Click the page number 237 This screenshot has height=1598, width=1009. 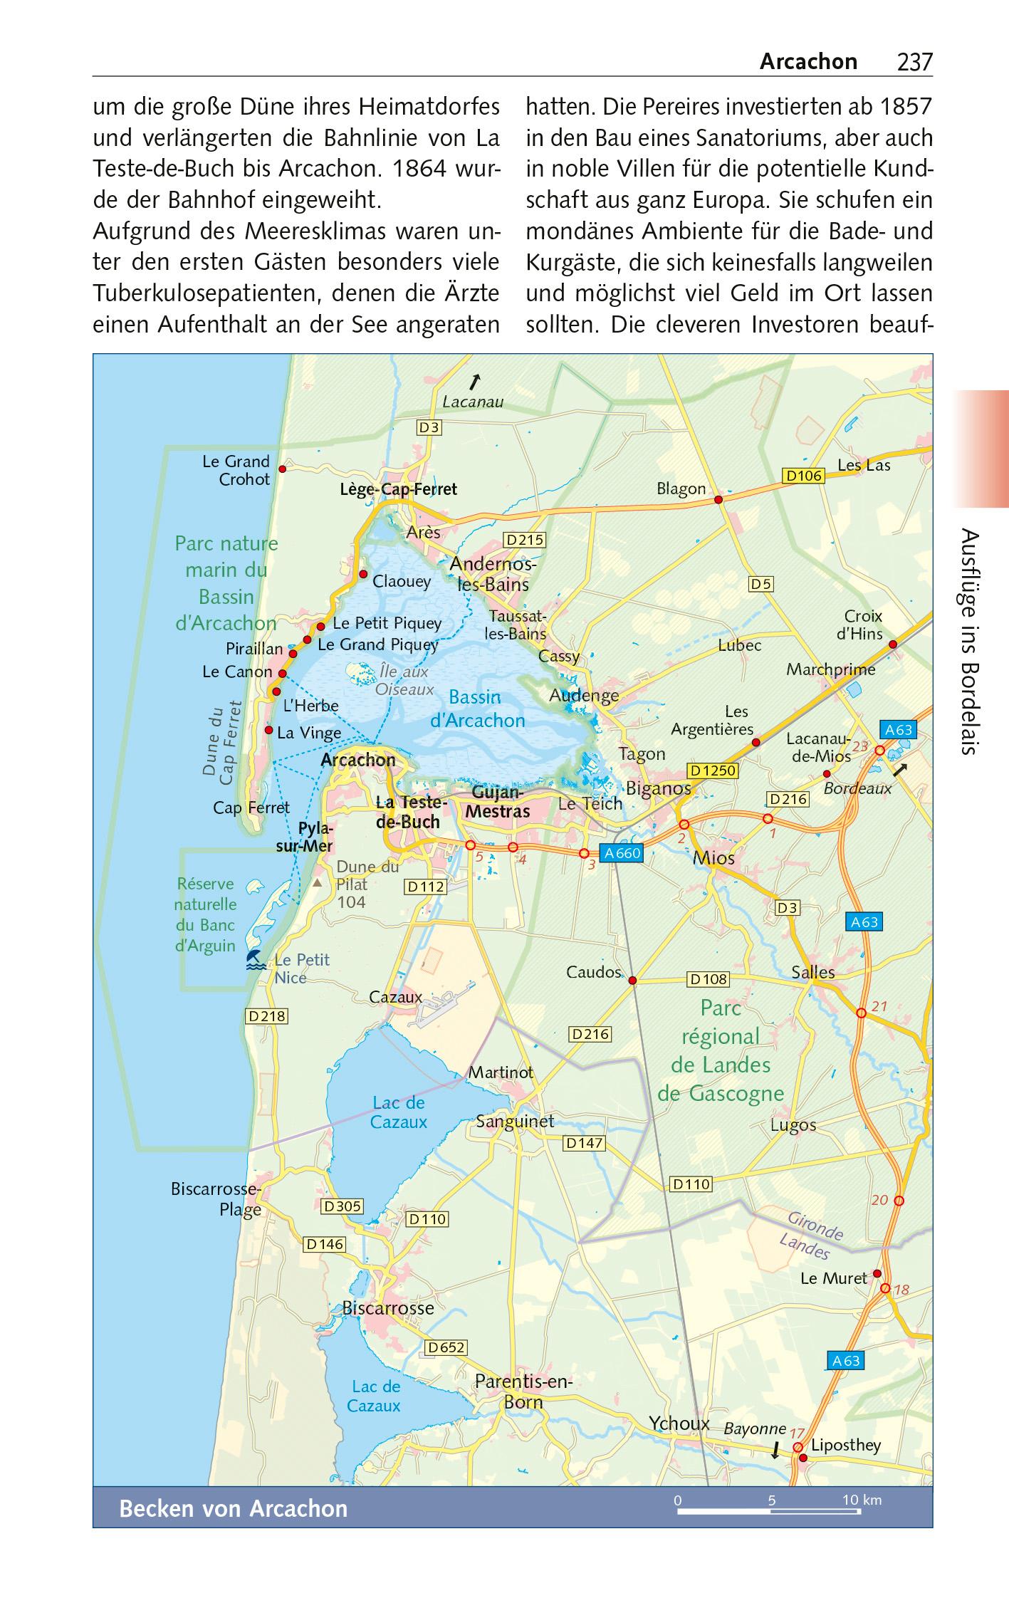click(x=914, y=63)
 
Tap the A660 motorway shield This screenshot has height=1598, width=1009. click(x=622, y=852)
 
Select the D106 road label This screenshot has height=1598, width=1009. click(x=803, y=476)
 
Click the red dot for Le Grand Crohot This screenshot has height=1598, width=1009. click(x=282, y=469)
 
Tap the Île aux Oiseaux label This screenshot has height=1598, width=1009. click(x=403, y=680)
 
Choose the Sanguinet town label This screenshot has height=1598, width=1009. click(x=515, y=1121)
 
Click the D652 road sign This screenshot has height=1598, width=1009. click(x=446, y=1347)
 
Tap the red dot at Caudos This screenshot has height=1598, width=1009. click(x=632, y=981)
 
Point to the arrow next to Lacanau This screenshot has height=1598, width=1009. click(x=474, y=382)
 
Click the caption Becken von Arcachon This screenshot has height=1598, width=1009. click(x=233, y=1508)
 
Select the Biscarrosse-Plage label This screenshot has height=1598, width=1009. click(x=216, y=1199)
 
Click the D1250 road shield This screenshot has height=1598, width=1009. click(x=713, y=771)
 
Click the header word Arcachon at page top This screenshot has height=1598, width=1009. click(x=808, y=62)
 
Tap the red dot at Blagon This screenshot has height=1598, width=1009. click(x=718, y=500)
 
